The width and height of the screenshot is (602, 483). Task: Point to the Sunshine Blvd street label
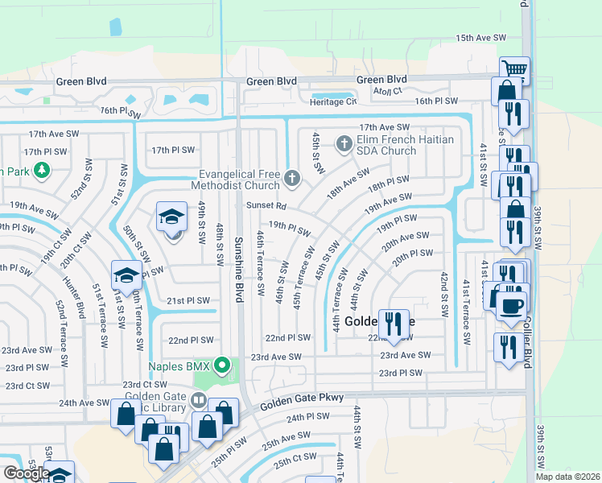pyautogui.click(x=238, y=261)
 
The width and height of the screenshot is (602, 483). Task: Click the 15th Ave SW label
pyautogui.click(x=480, y=38)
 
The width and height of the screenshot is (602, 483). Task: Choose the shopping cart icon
pyautogui.click(x=513, y=68)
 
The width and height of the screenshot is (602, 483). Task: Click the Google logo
pyautogui.click(x=26, y=473)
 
